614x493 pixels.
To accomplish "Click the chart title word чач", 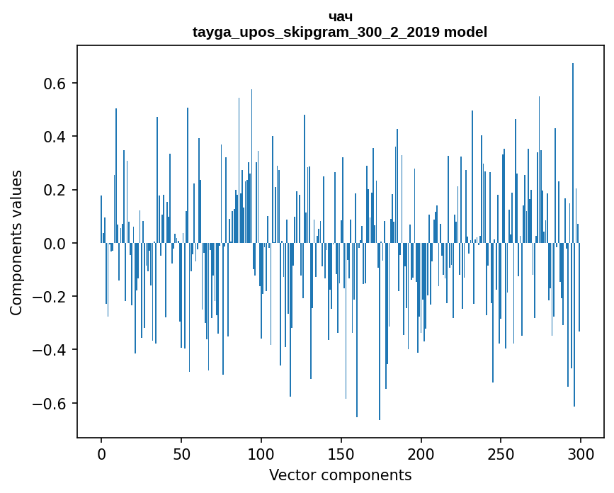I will (340, 17).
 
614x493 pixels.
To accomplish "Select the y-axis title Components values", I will (16, 243).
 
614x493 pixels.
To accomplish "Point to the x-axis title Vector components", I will (340, 475).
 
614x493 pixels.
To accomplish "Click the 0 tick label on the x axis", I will (101, 453).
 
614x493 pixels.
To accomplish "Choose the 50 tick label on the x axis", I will (181, 453).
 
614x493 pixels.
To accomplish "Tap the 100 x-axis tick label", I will (261, 453).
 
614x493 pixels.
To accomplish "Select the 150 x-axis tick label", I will (341, 453).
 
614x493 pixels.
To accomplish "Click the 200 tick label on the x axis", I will (421, 453).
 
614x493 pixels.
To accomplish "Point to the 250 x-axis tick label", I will (501, 453).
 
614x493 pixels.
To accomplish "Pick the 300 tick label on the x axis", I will (581, 453).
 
